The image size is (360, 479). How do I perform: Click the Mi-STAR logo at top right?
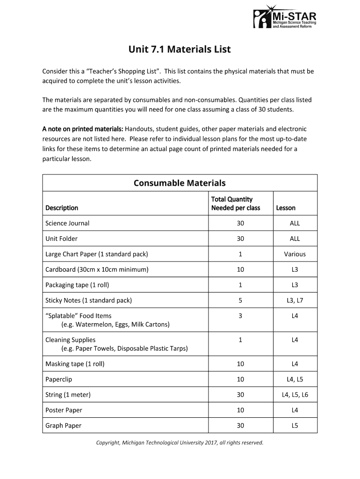click(285, 18)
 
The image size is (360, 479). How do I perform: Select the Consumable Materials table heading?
click(180, 183)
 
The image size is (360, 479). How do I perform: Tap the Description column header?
click(62, 208)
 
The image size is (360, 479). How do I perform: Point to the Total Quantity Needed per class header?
click(236, 203)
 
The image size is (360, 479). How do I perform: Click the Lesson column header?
click(286, 208)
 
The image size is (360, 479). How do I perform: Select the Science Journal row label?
click(67, 223)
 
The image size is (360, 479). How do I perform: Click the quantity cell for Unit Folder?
click(240, 239)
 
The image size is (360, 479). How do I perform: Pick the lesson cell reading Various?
click(295, 254)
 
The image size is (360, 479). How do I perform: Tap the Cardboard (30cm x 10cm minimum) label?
click(97, 269)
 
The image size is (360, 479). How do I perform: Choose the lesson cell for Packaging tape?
click(295, 285)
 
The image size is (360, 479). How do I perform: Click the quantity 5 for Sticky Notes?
click(240, 300)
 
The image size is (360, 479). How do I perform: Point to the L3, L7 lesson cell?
click(295, 300)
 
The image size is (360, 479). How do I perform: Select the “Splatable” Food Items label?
click(79, 316)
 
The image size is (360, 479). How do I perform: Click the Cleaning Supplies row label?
click(71, 340)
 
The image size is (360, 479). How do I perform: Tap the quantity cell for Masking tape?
click(240, 364)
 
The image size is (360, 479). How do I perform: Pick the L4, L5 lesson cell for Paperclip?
click(295, 379)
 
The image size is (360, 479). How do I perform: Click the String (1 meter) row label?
click(68, 395)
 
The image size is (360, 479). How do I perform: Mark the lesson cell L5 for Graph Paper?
click(295, 426)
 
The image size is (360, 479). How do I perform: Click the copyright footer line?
click(180, 443)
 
